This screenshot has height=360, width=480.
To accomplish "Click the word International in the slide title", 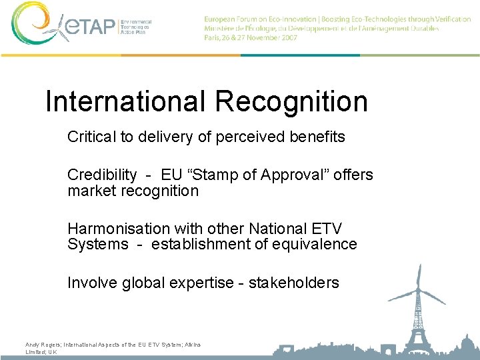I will [125, 101].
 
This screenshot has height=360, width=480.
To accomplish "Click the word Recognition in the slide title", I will [291, 101].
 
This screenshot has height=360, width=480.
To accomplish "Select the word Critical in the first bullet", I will [91, 137].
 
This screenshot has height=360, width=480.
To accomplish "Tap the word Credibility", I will [102, 175].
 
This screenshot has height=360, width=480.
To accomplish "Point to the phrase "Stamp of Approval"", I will [257, 175].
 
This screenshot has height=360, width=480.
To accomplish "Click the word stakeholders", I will [293, 283].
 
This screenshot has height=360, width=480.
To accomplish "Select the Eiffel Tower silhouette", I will [419, 327].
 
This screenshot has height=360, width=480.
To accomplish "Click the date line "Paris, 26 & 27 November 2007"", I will [251, 38].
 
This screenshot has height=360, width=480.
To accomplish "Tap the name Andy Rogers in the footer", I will [42, 345].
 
